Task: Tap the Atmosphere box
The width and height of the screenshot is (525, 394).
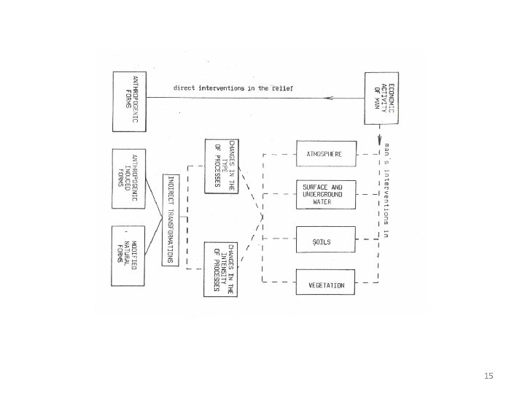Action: point(326,154)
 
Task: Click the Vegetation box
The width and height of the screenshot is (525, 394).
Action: point(326,282)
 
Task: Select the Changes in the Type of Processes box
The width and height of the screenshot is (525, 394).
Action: point(222,164)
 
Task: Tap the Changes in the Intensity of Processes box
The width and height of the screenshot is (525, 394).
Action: point(222,268)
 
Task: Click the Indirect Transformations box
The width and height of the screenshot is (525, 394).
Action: point(170,220)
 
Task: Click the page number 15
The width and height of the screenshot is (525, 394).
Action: point(489,376)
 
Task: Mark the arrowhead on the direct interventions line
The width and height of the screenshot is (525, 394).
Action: point(327,96)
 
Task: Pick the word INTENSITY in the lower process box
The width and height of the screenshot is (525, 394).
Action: point(222,268)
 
